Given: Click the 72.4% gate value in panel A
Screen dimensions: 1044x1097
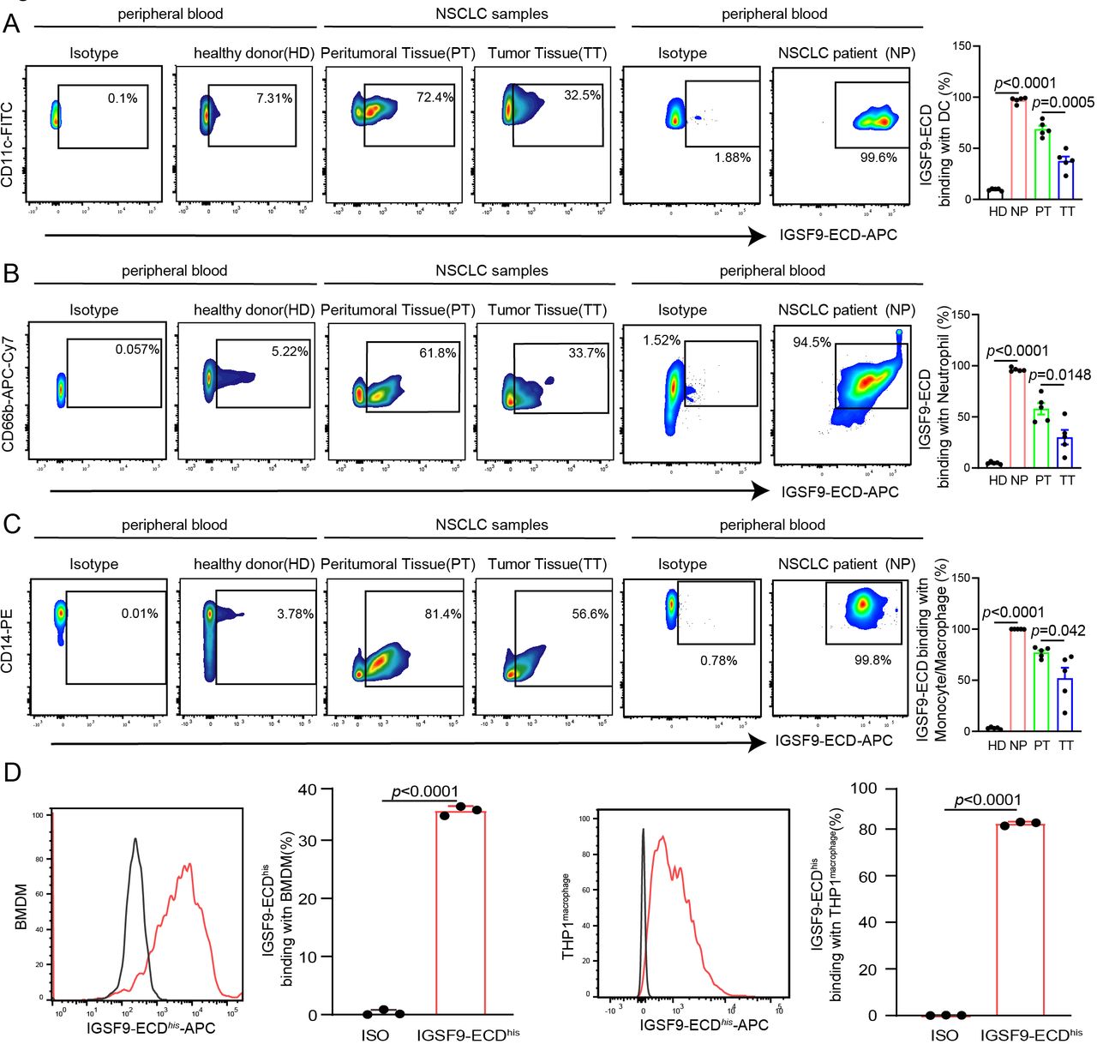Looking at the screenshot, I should (435, 97).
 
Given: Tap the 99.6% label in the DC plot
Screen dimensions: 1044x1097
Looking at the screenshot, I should (878, 158).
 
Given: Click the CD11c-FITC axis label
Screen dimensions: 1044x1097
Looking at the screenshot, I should (8, 145).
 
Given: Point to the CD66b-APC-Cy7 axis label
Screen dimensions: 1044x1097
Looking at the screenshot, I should (8, 393).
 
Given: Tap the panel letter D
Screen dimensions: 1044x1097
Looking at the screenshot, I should (12, 772).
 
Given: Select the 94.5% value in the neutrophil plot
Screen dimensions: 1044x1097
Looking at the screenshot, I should (812, 342).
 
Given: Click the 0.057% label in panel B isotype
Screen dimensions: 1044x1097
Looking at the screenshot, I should (137, 349).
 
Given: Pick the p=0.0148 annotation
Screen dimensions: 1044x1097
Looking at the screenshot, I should (1060, 375).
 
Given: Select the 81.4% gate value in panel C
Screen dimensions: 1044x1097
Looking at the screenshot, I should (443, 614).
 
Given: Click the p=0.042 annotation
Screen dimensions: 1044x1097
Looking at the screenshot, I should (1058, 631).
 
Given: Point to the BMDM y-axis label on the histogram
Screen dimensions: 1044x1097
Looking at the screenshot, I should (21, 907).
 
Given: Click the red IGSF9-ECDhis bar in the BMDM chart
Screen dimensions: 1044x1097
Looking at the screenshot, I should (460, 913).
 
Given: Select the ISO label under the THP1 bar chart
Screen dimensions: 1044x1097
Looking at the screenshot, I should (944, 1035).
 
